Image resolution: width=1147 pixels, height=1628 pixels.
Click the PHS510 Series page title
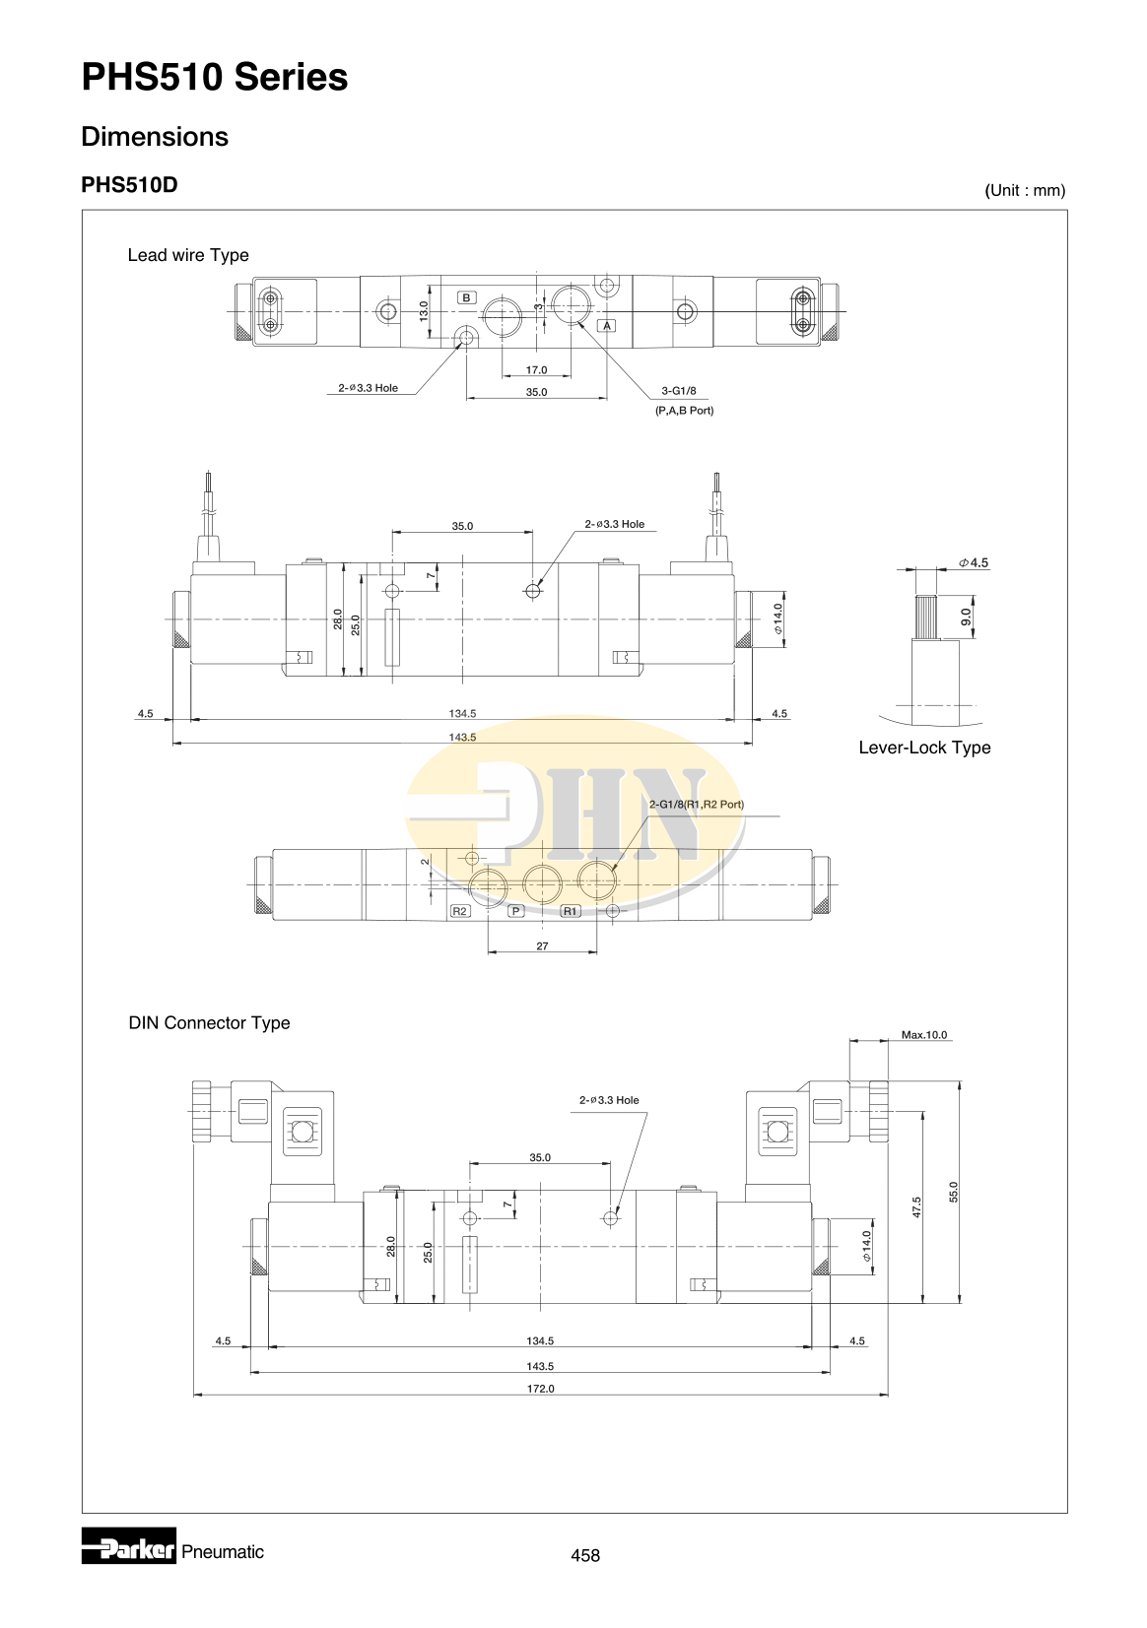(x=214, y=77)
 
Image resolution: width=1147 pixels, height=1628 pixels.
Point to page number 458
(x=584, y=1555)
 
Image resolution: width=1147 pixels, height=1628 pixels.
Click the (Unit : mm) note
(x=1025, y=190)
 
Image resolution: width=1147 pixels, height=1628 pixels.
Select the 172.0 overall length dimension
(x=540, y=1389)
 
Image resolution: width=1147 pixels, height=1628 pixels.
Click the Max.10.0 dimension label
(x=923, y=1035)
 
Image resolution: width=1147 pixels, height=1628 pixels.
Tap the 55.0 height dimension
(x=953, y=1192)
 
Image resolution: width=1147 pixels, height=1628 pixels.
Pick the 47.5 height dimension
(x=916, y=1206)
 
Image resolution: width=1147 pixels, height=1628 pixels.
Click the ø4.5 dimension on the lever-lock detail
(x=974, y=563)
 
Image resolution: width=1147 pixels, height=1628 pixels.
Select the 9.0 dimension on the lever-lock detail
(x=966, y=617)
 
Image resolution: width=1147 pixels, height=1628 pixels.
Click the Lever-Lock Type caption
(x=924, y=748)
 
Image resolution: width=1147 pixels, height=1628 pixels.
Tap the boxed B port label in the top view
(x=467, y=297)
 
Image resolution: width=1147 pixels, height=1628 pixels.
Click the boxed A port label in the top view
(x=607, y=325)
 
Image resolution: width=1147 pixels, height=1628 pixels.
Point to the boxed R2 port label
(x=459, y=911)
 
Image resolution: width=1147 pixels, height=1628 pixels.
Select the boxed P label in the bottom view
(x=515, y=911)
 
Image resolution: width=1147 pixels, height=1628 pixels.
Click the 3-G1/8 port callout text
(x=678, y=391)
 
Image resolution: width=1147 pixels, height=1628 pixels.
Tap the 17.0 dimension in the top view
(x=536, y=370)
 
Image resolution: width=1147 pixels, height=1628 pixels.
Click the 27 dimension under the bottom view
(x=542, y=945)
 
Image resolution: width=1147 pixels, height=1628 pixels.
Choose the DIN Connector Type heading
(x=209, y=1023)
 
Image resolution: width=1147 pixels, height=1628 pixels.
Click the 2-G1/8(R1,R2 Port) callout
(x=696, y=805)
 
